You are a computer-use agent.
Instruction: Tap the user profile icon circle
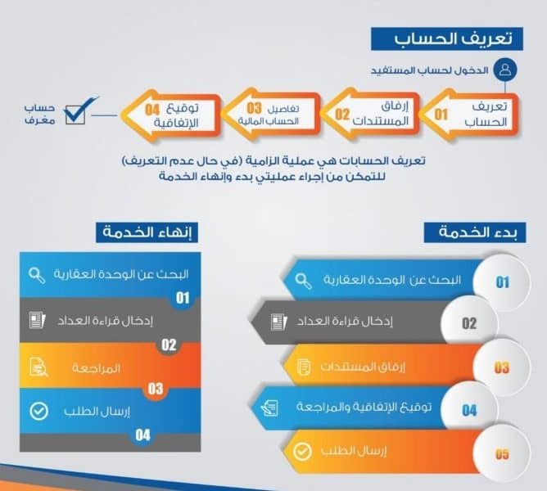point(505,69)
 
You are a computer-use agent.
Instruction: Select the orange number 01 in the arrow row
point(441,115)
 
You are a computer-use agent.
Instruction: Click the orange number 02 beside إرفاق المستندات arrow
point(342,115)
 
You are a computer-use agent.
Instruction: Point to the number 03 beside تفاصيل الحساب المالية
point(254,108)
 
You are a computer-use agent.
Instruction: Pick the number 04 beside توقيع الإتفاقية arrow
point(152,110)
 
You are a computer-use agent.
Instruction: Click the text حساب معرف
point(40,114)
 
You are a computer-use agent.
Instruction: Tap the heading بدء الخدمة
point(475,232)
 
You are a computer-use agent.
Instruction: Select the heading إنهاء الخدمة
point(147,232)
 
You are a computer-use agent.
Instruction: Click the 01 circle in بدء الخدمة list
point(502,282)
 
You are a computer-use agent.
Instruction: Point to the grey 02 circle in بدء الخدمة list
point(469,323)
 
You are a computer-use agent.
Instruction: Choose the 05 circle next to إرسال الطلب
point(502,453)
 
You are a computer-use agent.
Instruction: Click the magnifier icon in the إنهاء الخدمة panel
point(37,276)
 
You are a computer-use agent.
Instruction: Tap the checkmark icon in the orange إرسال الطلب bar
point(302,452)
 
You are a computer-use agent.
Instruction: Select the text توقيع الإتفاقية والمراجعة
point(364,407)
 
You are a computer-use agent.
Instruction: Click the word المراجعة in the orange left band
point(96,368)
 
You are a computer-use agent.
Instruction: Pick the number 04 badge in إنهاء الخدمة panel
point(142,435)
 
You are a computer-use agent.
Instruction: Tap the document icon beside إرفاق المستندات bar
point(303,367)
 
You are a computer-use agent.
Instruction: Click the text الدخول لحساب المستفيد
point(429,70)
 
